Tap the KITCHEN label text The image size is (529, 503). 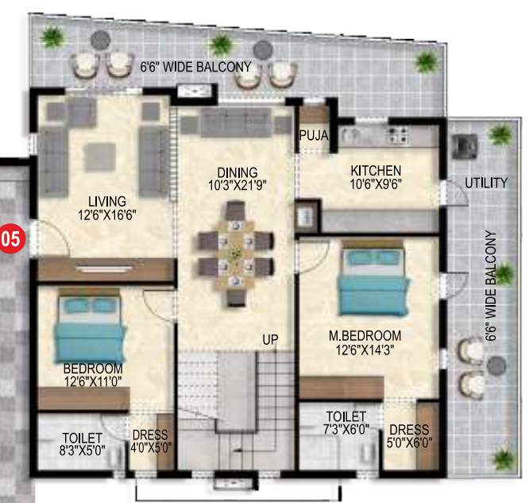click(376, 171)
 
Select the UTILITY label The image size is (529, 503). click(486, 183)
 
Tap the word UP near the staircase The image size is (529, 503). click(272, 339)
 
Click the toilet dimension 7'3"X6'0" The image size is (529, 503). click(346, 429)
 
